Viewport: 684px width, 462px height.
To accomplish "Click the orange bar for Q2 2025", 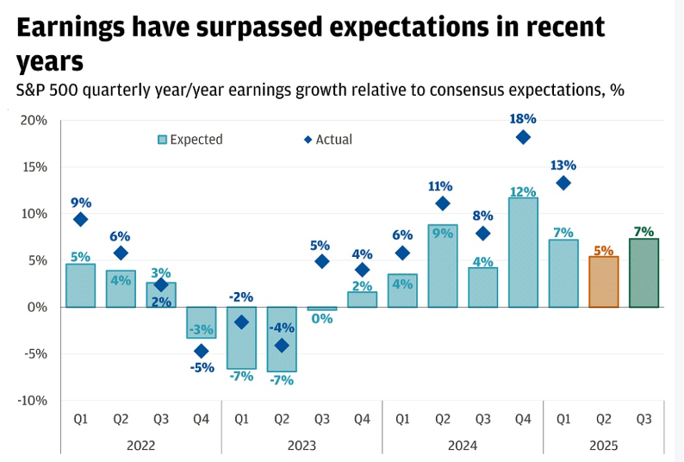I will tap(603, 282).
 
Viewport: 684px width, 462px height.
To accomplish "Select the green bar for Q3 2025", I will tap(644, 273).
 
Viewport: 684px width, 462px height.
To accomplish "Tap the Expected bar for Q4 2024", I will tap(523, 253).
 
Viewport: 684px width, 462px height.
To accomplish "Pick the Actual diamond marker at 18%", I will tap(523, 137).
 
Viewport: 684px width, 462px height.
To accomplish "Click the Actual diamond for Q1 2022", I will tap(80, 220).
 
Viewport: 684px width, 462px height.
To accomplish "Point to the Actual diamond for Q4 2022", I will tap(202, 351).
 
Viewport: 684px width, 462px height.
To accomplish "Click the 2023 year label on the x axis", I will tap(302, 446).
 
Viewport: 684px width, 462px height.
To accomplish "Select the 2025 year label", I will tap(603, 446).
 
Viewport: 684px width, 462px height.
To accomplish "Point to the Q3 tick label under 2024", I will tap(482, 418).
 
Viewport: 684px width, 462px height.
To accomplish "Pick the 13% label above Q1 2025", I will tap(563, 165).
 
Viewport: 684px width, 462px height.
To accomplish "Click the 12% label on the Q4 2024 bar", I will tap(523, 192).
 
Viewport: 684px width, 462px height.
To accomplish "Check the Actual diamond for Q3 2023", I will tap(321, 261).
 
